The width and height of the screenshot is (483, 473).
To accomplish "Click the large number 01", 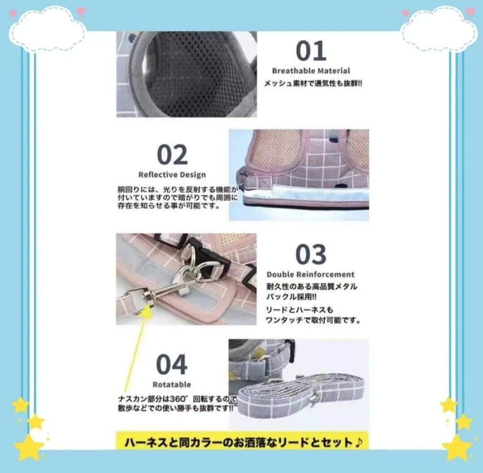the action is pos(311,51).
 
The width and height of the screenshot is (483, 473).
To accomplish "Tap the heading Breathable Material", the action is pos(311,71).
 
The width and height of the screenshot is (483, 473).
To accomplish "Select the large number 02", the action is pos(172,155).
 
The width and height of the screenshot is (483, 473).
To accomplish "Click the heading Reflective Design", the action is pos(172,175).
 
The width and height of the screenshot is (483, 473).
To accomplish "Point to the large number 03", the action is pos(311,254).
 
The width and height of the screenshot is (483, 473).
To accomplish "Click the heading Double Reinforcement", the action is pos(310,275).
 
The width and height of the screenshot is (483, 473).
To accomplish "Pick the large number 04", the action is pos(172,365).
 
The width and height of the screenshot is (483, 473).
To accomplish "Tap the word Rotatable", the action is pos(172,384).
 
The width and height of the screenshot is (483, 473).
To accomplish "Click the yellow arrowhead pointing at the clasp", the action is pos(147,312).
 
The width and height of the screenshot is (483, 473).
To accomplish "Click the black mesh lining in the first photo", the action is pos(197,74).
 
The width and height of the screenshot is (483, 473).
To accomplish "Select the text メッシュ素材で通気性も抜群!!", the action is pos(313,84).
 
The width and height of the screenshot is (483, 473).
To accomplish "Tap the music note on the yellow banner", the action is pos(358,443).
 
